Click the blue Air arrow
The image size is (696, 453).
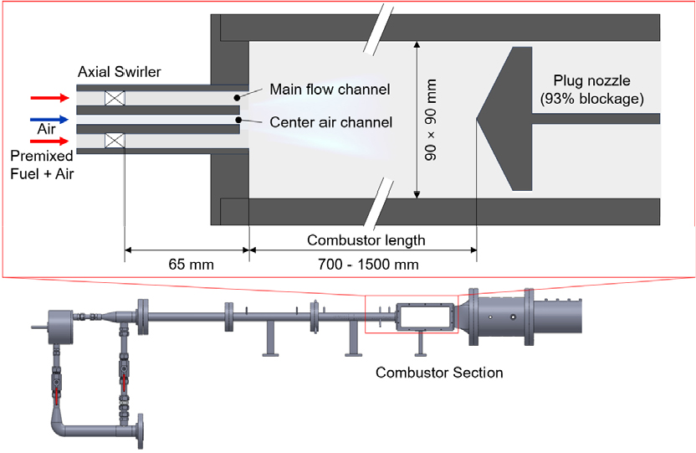tap(49, 120)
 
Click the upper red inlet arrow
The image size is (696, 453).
tap(49, 98)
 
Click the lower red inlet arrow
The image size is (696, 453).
tap(49, 142)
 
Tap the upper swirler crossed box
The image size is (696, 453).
tap(115, 98)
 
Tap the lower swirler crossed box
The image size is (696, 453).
tap(115, 141)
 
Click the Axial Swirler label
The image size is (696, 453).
tap(120, 72)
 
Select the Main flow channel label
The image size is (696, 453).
tap(330, 90)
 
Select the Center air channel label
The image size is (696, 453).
tap(331, 122)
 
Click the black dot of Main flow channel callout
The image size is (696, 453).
tap(238, 98)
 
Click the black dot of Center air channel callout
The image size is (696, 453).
tap(238, 120)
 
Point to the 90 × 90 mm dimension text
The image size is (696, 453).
tap(431, 120)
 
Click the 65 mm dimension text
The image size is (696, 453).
tap(191, 265)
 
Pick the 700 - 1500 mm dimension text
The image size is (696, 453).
tap(368, 265)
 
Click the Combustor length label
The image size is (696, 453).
tap(366, 240)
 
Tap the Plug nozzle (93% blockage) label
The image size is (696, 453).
tap(591, 90)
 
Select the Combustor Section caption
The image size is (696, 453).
tap(439, 372)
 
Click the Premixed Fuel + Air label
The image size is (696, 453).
tap(42, 165)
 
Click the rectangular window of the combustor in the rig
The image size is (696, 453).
tap(425, 317)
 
